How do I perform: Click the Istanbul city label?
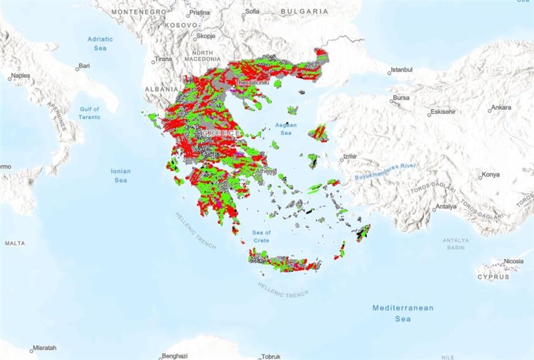[402, 70]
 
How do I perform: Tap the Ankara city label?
[501, 108]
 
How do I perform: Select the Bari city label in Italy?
[84, 65]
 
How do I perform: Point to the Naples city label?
[20, 76]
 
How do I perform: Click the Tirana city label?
[163, 59]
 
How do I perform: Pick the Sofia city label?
[252, 11]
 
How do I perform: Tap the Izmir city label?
[350, 157]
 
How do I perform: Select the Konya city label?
[491, 175]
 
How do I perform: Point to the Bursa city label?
[401, 98]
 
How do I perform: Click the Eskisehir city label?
[444, 112]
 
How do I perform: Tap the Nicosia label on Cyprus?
[513, 261]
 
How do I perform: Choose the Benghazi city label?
[175, 356]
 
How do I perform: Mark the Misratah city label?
[44, 348]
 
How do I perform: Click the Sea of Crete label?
[262, 236]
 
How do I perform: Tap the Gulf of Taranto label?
[90, 113]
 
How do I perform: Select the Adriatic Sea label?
[100, 43]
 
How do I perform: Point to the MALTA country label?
[15, 243]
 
